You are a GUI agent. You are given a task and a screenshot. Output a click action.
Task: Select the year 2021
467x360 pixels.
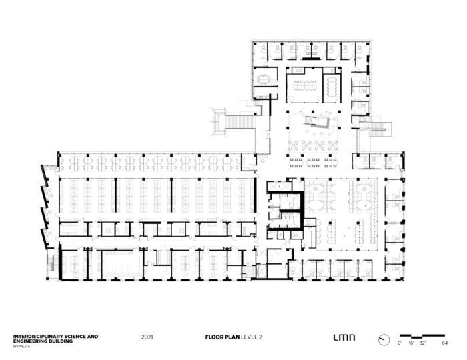pyautogui.click(x=147, y=337)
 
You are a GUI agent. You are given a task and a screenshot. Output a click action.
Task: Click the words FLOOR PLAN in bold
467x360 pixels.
pyautogui.click(x=222, y=337)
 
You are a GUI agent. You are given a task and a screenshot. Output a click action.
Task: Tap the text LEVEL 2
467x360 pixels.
pyautogui.click(x=252, y=337)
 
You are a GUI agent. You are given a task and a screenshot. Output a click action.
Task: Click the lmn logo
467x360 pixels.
pyautogui.click(x=344, y=337)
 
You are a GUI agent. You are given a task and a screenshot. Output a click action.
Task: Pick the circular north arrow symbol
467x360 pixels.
pyautogui.click(x=384, y=340)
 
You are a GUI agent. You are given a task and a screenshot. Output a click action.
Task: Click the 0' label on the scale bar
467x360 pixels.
pyautogui.click(x=400, y=343)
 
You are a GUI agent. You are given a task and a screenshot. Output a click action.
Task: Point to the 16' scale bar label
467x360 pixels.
pyautogui.click(x=411, y=343)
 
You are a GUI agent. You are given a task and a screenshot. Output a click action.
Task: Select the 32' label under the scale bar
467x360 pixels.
pyautogui.click(x=422, y=343)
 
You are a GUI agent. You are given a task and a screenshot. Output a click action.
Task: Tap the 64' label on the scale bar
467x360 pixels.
pyautogui.click(x=445, y=343)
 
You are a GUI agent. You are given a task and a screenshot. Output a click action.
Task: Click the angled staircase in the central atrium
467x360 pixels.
pyautogui.click(x=318, y=122)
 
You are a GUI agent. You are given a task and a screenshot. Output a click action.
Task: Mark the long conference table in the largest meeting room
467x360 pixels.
pyautogui.click(x=304, y=85)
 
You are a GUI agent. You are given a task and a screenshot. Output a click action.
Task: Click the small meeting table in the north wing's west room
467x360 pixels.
pyautogui.click(x=264, y=79)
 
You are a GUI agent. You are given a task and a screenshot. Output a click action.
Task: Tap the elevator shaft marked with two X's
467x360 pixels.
pyautogui.click(x=278, y=187)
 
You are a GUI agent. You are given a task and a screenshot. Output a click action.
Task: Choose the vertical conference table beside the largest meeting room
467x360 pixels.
pyautogui.click(x=331, y=86)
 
